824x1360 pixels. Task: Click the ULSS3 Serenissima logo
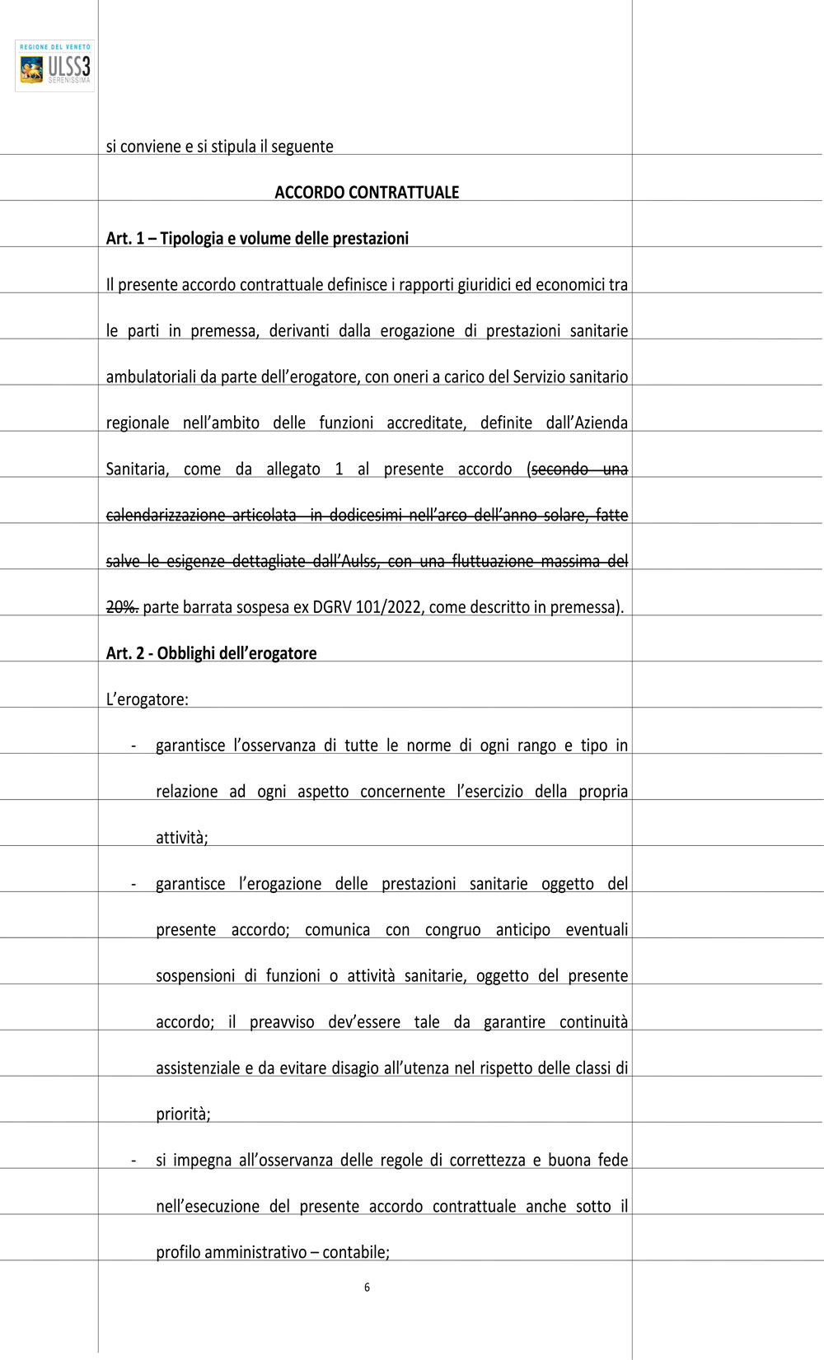pos(54,66)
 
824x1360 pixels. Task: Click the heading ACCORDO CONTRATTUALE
pos(367,193)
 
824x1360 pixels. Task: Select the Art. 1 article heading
pos(257,239)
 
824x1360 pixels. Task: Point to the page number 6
pos(367,1288)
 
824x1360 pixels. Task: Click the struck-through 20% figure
pos(122,608)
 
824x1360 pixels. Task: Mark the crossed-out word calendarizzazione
pos(166,516)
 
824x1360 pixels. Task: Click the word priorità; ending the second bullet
pos(183,1115)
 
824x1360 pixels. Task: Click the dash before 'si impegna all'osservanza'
pos(133,1161)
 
